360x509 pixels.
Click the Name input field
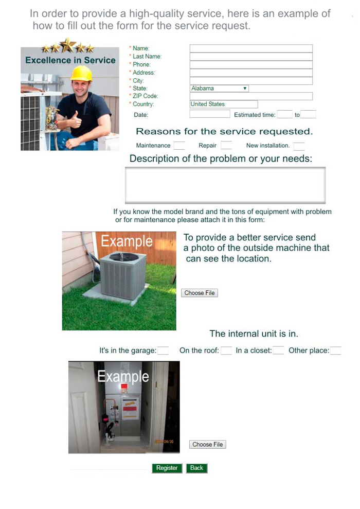point(251,48)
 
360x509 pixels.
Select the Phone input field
point(251,65)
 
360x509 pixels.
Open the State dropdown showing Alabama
point(220,89)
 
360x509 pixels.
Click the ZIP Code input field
point(251,96)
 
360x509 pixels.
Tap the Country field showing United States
point(224,104)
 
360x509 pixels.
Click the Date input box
point(209,115)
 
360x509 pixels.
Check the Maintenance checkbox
point(179,146)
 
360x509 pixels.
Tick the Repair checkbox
point(226,146)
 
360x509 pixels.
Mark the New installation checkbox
point(299,146)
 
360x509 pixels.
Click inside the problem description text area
point(225,185)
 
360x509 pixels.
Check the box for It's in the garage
point(163,351)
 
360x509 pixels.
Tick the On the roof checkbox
point(226,351)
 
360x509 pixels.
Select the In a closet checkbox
point(278,351)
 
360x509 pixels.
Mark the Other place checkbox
point(335,351)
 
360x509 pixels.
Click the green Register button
point(167,468)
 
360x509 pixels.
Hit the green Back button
point(196,468)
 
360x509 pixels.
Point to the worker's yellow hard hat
point(81,74)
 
